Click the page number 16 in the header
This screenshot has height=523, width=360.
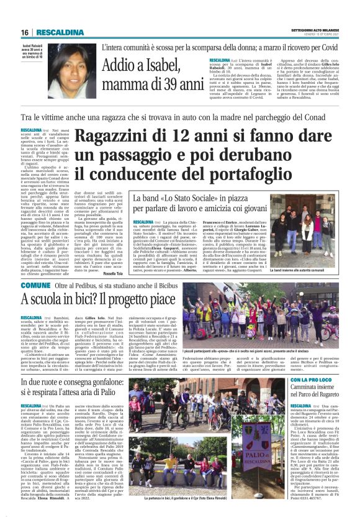[x=25, y=32]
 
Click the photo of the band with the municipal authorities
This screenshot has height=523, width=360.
[x=306, y=242]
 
